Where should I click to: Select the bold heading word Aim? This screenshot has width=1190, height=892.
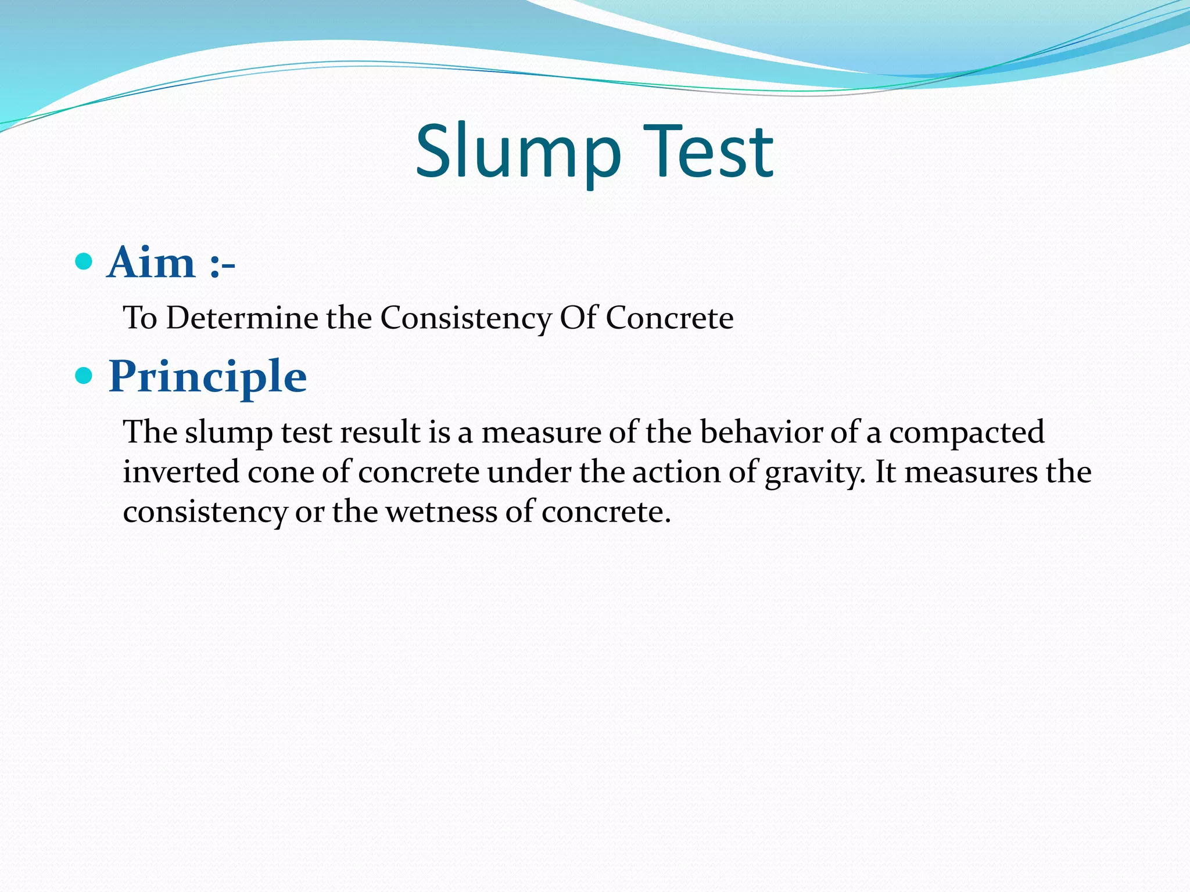[151, 262]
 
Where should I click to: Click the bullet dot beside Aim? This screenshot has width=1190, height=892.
[84, 261]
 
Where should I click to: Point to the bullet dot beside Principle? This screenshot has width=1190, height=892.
[84, 376]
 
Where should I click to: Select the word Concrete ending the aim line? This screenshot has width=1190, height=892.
[669, 318]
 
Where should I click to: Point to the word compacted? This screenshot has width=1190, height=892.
[966, 433]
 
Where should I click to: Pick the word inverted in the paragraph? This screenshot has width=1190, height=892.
[181, 472]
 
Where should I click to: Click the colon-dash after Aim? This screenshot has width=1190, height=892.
[222, 265]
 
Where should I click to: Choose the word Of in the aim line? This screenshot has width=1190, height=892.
[578, 318]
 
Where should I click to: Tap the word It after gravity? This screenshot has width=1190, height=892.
[886, 472]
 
